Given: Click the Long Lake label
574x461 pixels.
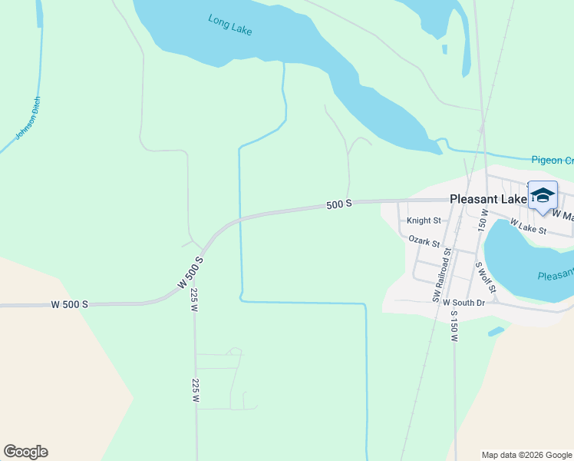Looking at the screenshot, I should pos(230,25).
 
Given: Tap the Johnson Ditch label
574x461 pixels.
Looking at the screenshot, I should pos(28,118).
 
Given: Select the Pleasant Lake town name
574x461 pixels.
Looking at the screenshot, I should pos(487,198).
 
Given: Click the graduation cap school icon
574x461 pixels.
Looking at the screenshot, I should pos(543,195).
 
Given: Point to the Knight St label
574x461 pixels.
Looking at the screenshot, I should pos(424,221).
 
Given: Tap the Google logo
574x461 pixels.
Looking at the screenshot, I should pos(25,452).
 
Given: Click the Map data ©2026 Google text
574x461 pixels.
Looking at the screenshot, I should pos(526,455).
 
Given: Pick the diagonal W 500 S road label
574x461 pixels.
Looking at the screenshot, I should pos(192,272).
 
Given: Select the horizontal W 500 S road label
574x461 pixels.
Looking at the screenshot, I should pos(69,304).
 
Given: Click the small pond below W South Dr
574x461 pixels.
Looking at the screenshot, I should pos(496,331).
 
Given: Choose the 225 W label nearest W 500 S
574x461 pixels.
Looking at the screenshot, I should pos(194,299).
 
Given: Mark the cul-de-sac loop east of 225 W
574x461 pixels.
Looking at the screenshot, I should pos(235,351).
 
